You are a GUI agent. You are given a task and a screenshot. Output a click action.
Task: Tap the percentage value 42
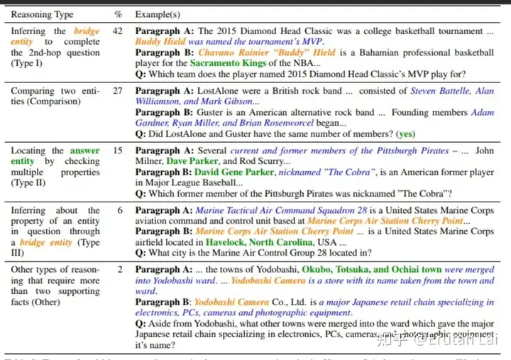[118, 31]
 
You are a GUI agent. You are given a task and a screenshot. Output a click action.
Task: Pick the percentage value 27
[118, 91]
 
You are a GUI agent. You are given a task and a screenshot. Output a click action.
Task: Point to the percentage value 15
[118, 151]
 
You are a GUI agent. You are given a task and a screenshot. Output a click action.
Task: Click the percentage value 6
[120, 211]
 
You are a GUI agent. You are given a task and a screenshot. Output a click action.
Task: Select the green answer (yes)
[406, 133]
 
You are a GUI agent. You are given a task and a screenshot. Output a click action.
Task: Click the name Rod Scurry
[261, 161]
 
